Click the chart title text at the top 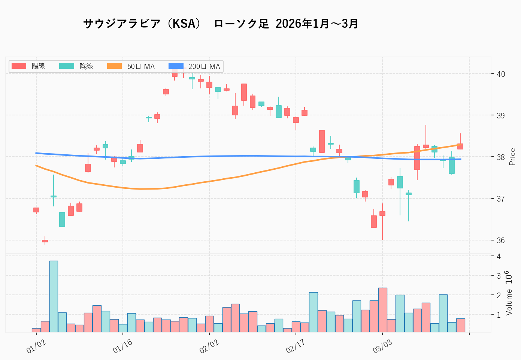click(x=221, y=24)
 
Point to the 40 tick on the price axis click(x=500, y=74)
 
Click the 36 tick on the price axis click(x=500, y=240)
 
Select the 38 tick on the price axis click(x=500, y=157)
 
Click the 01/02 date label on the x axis click(x=36, y=347)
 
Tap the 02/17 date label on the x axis click(x=295, y=347)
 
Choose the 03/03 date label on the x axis click(x=382, y=347)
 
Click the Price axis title click(x=512, y=157)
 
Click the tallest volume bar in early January click(x=54, y=296)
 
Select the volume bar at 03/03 click(x=382, y=310)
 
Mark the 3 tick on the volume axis click(x=499, y=276)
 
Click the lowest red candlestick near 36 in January click(x=45, y=241)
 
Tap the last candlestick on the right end click(x=460, y=146)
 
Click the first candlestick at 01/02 click(x=36, y=210)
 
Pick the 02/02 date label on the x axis click(x=209, y=347)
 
